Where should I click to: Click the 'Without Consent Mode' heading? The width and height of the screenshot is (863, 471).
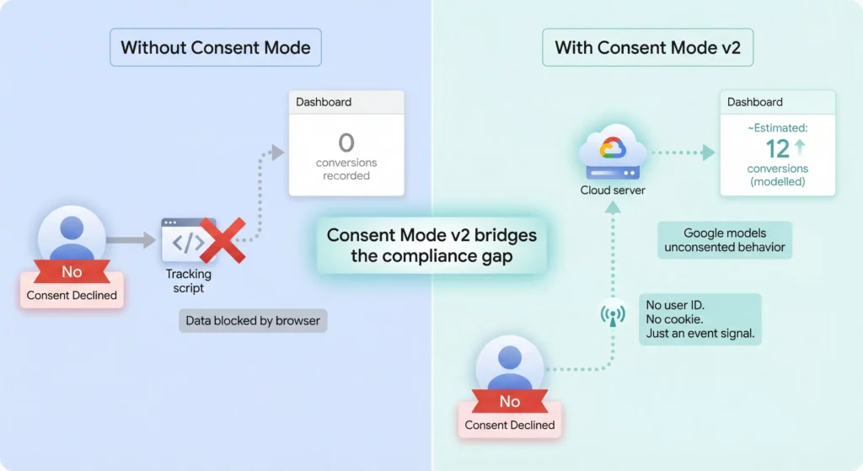click(x=215, y=47)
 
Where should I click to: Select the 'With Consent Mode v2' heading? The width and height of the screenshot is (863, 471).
click(x=647, y=47)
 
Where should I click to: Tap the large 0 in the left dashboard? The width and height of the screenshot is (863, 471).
click(x=346, y=142)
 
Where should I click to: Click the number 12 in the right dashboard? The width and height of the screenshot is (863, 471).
click(x=777, y=148)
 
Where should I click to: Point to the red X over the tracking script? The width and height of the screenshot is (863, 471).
click(x=222, y=240)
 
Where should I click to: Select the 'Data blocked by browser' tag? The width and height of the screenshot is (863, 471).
click(x=253, y=321)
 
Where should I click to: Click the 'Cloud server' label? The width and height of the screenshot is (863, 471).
click(x=613, y=190)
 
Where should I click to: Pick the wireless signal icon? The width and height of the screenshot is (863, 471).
click(x=613, y=315)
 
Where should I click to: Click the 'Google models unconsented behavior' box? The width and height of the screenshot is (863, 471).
click(x=725, y=240)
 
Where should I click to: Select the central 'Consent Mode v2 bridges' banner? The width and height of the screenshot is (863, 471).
click(x=431, y=245)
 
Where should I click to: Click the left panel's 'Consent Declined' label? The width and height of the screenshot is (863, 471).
click(x=72, y=295)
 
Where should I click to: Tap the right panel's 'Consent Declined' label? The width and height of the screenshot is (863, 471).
click(x=510, y=425)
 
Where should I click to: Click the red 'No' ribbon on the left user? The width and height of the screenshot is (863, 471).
click(x=72, y=272)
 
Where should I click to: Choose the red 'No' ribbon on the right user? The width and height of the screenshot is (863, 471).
click(x=510, y=402)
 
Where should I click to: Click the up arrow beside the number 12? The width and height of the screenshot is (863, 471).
click(x=800, y=148)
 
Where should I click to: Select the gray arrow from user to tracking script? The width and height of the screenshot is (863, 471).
click(x=131, y=241)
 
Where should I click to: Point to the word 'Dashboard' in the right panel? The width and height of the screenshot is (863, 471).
click(x=755, y=102)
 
